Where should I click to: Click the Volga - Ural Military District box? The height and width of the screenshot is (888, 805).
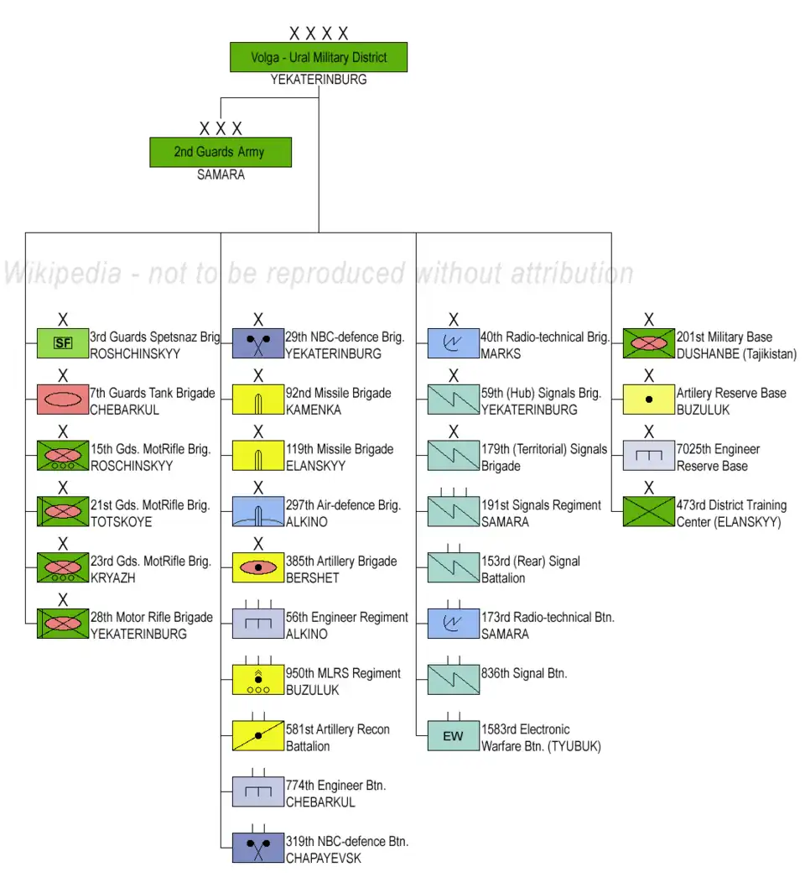point(319,57)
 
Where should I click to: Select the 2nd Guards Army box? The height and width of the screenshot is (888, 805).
point(221,152)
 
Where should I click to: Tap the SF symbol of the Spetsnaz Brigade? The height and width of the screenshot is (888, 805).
point(63,343)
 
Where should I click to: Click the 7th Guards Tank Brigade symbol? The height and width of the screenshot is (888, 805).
point(63,400)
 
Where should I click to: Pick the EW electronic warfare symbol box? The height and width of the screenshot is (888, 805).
point(454,736)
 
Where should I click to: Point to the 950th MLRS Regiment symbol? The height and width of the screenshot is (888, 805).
point(258,680)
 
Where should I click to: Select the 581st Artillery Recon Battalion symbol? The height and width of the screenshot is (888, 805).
point(258,736)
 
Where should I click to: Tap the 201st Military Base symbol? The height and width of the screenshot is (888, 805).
point(649,343)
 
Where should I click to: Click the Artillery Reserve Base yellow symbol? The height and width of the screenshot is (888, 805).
point(649,400)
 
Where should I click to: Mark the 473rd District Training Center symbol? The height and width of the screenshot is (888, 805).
point(649,512)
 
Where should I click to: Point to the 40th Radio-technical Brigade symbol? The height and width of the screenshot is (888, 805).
point(454,343)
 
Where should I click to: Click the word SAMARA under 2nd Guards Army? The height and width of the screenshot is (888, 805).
point(221,175)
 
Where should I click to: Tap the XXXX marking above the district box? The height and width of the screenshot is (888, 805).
point(319,34)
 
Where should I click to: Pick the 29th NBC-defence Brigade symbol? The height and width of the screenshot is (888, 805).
point(258,343)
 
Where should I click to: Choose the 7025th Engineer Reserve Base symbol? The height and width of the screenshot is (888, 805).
point(649,456)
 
